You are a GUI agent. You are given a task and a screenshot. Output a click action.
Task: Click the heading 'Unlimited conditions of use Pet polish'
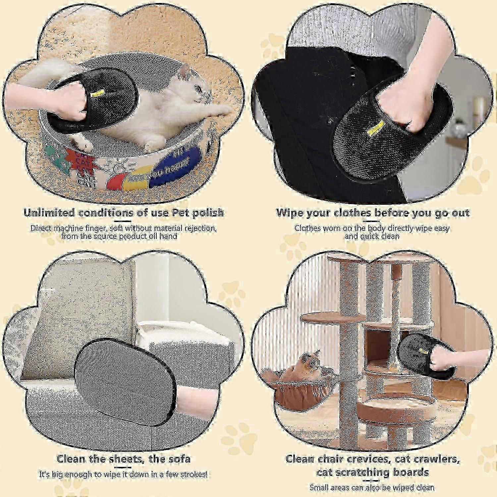tap(124, 212)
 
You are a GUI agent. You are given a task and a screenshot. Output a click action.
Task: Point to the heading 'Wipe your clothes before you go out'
tap(373, 212)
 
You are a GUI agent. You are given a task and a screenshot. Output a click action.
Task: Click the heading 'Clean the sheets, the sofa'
tap(124, 459)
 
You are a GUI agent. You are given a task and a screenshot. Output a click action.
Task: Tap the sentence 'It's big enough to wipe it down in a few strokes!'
tap(124, 474)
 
